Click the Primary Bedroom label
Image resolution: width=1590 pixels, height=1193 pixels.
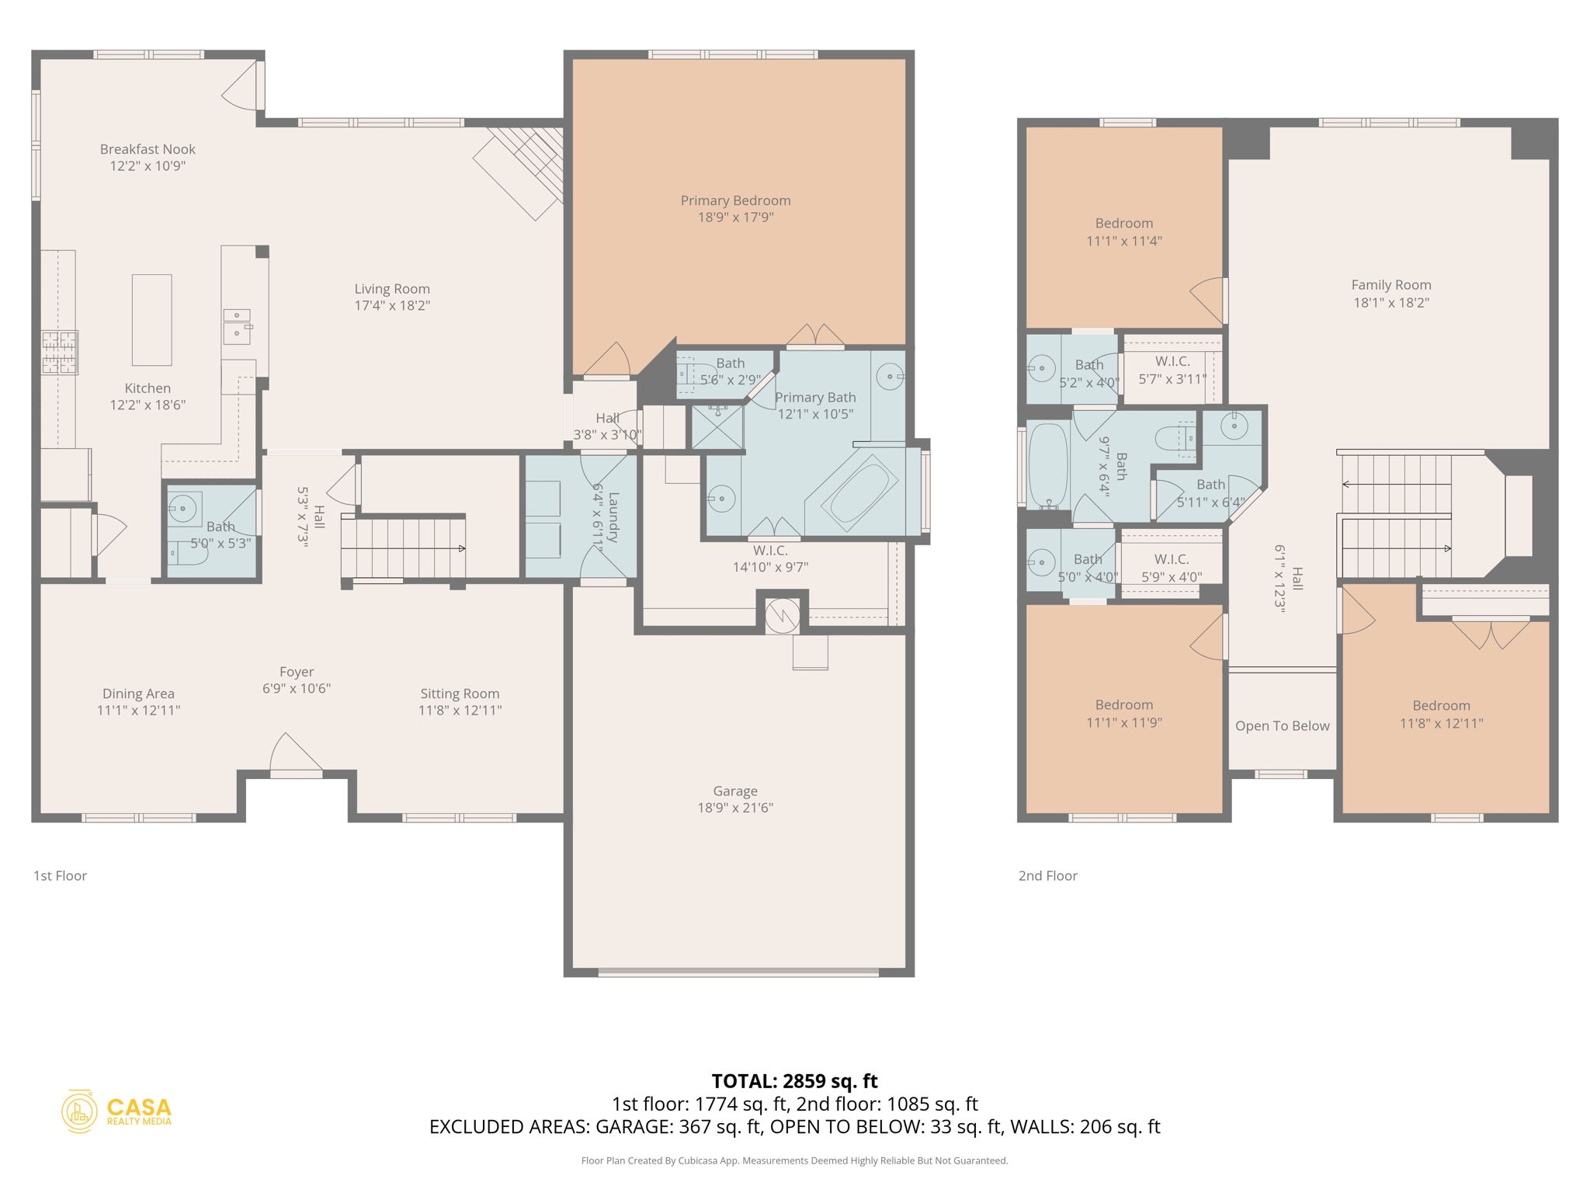click(x=735, y=200)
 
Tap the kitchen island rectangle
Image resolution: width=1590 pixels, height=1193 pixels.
click(x=151, y=319)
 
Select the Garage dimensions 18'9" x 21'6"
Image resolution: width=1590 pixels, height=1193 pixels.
click(x=735, y=808)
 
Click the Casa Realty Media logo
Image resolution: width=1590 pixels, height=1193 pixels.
click(x=116, y=1111)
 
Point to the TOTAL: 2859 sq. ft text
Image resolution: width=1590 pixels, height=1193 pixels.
click(x=794, y=1080)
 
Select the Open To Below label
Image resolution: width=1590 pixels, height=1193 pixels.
click(x=1282, y=725)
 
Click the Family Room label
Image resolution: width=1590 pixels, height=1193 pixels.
click(x=1390, y=285)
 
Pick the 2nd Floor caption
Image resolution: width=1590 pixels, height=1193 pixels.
click(x=1047, y=875)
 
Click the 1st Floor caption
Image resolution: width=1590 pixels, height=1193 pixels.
click(x=60, y=875)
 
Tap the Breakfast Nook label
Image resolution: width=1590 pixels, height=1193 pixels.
click(x=148, y=149)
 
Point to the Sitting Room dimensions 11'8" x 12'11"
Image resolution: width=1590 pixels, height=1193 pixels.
click(x=460, y=710)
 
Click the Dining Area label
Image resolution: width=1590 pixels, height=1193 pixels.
click(x=138, y=694)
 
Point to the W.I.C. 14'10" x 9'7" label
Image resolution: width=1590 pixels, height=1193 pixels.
click(x=770, y=551)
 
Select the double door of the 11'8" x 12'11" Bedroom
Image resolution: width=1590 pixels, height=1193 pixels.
click(x=1491, y=632)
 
